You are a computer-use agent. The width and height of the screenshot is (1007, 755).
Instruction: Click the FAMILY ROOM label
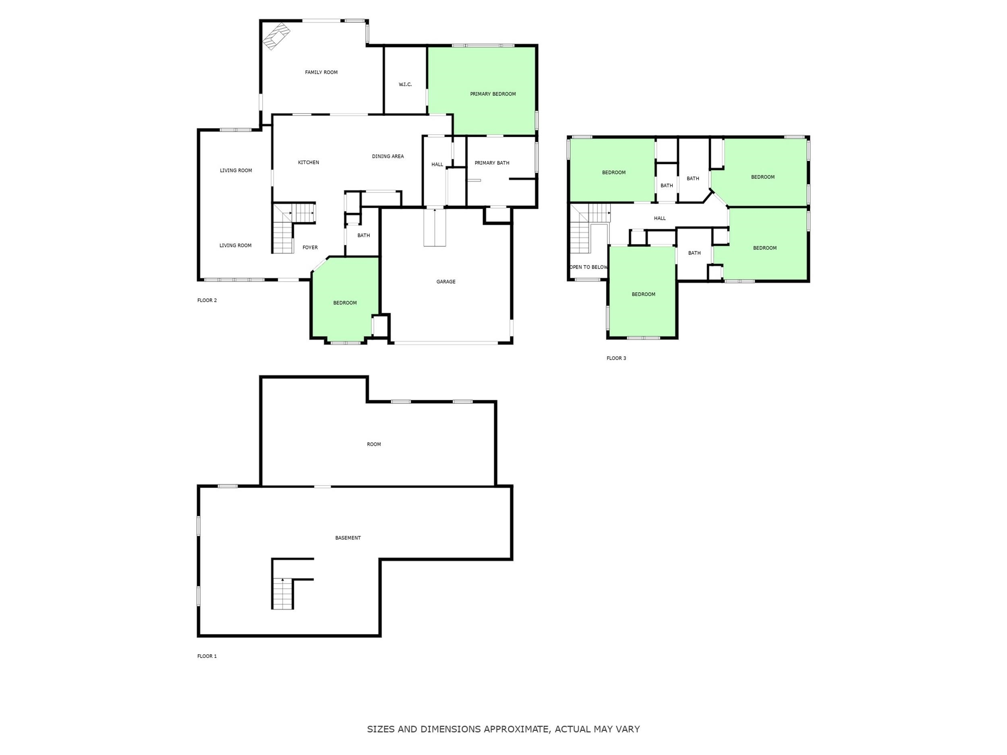[321, 72]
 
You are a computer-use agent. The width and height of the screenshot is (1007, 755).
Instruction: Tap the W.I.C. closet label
[405, 85]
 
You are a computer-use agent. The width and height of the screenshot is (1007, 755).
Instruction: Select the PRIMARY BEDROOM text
[493, 94]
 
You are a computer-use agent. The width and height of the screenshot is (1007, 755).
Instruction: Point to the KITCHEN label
[309, 162]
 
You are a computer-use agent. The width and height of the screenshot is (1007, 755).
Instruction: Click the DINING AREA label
[388, 157]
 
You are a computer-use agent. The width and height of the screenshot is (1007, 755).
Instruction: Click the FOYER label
[311, 248]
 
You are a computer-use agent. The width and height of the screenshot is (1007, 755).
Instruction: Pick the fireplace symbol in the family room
[276, 36]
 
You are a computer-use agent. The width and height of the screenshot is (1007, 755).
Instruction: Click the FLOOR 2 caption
[207, 300]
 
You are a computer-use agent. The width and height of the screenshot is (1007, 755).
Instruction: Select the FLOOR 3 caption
[616, 358]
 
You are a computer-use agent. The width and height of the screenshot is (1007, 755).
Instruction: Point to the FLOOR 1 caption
[207, 656]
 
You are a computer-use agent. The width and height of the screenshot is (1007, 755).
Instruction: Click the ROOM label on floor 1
[374, 444]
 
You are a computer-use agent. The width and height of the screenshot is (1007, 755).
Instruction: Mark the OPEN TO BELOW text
[588, 267]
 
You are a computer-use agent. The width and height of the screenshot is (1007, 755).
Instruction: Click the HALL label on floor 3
[660, 218]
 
